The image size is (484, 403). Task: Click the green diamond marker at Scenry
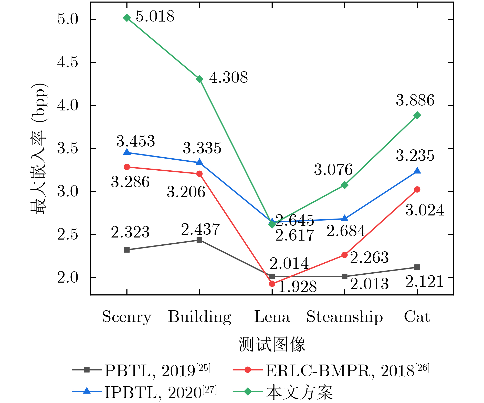127,18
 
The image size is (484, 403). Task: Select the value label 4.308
228,78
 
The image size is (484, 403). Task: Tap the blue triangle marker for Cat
417,171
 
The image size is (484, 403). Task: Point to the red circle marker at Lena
272,284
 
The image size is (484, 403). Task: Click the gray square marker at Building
199,240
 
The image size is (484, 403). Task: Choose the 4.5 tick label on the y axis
68,62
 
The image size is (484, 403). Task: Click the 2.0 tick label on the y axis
68,278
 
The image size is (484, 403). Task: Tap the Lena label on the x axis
272,317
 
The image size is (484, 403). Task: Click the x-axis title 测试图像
272,344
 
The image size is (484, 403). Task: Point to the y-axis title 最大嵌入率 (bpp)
39,149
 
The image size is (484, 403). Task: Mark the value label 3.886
415,100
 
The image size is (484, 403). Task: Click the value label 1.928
297,287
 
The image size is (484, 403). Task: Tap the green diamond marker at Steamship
344,185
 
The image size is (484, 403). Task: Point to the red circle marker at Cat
417,190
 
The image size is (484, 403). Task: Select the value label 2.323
130,232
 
